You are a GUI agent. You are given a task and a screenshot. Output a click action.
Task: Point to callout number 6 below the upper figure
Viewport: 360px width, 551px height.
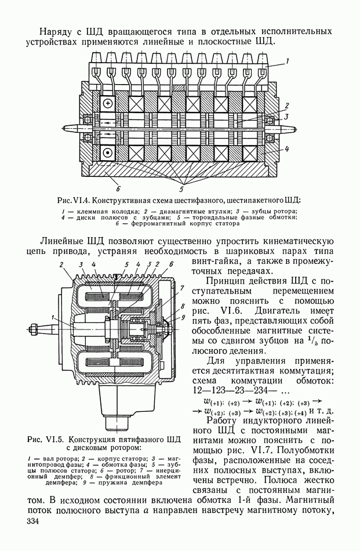(118, 188)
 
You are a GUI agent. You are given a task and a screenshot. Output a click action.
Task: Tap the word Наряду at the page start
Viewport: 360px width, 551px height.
(59, 30)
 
